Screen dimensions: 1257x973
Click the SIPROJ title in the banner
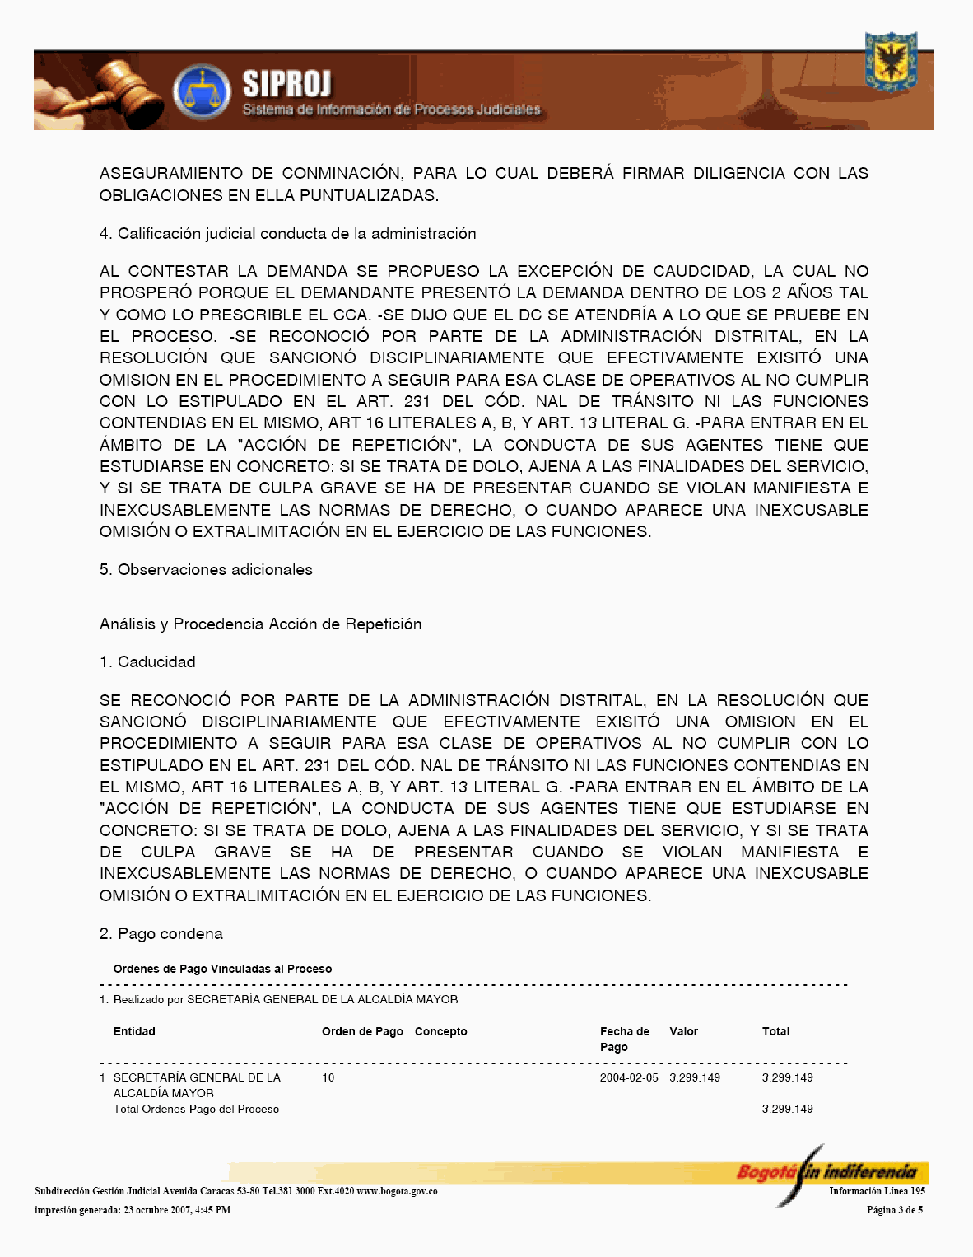(286, 84)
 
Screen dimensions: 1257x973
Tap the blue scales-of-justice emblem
(202, 91)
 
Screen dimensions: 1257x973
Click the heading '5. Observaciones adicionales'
(206, 570)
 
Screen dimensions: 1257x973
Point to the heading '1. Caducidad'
(147, 662)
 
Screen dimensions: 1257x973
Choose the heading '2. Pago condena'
(161, 934)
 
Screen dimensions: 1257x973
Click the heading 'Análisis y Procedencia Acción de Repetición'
(260, 624)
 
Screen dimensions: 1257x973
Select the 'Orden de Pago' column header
(362, 1031)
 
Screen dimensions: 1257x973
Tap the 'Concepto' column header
(440, 1031)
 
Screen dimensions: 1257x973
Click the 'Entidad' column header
(134, 1031)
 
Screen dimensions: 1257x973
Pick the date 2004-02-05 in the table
(629, 1077)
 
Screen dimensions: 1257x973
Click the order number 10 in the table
(328, 1077)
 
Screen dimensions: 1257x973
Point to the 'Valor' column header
(683, 1031)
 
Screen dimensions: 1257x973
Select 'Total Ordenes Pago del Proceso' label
(196, 1110)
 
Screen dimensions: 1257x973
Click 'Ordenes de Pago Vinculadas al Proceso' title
(222, 969)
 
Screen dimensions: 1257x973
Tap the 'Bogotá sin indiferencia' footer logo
(826, 1171)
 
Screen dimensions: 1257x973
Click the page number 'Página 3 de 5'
(894, 1210)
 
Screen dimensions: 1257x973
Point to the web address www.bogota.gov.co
(397, 1191)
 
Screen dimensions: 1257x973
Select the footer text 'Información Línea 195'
(877, 1191)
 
